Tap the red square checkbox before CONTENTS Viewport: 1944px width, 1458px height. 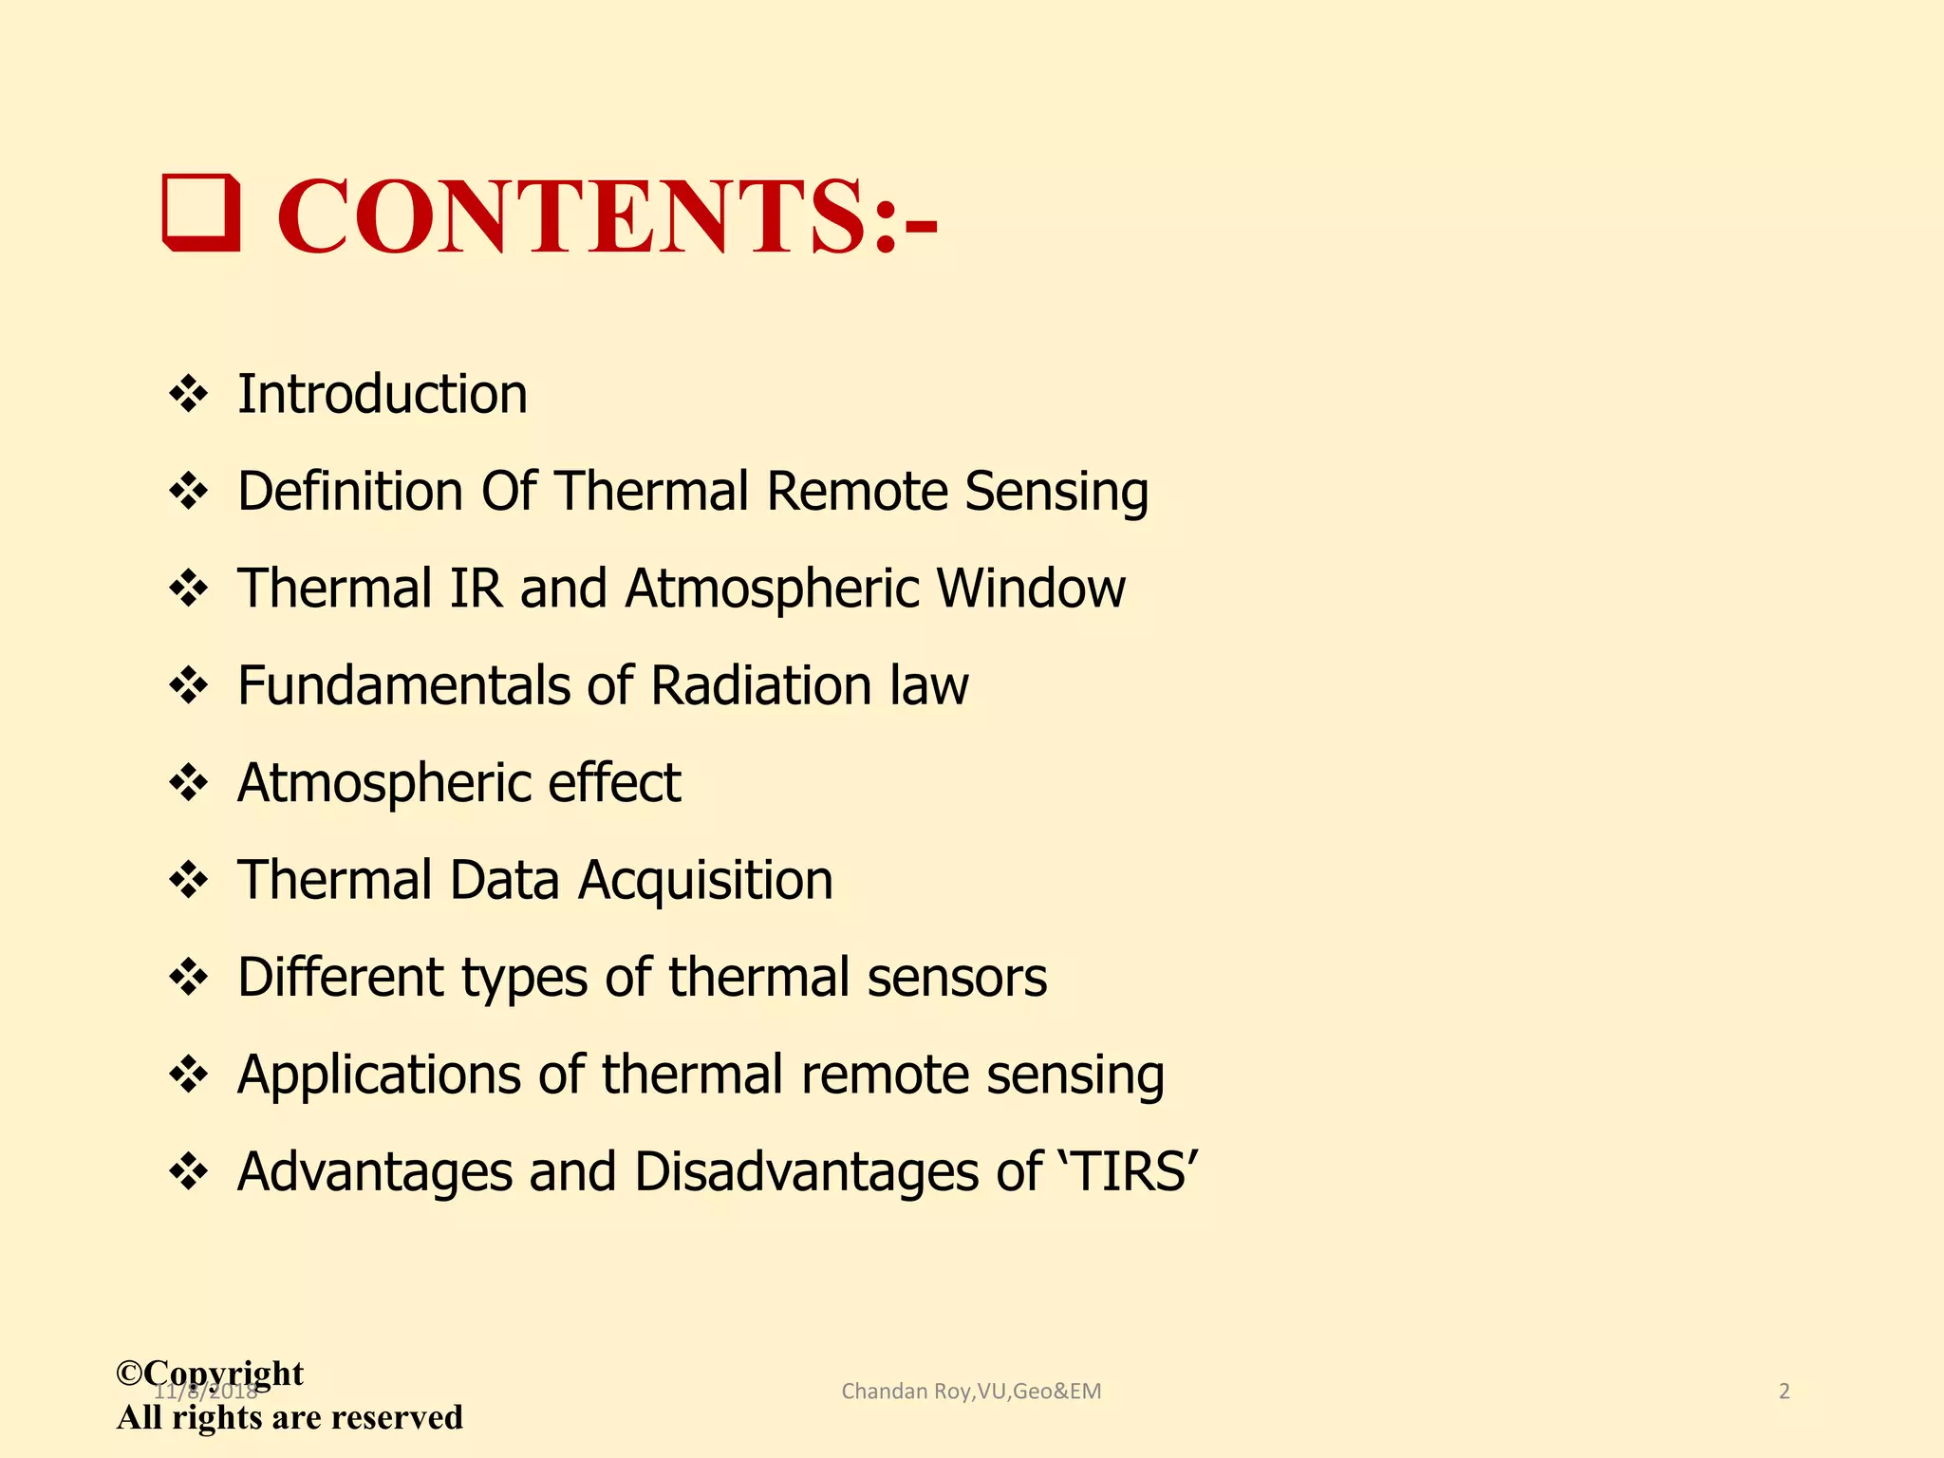[x=201, y=213]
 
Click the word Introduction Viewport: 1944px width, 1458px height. [x=382, y=394]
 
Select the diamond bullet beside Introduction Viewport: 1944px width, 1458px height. [x=188, y=394]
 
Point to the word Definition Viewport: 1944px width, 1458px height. [x=350, y=491]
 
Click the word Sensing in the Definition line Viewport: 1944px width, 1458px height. [x=1056, y=493]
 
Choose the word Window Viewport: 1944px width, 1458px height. [x=1031, y=589]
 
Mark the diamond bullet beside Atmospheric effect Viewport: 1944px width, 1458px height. [x=188, y=783]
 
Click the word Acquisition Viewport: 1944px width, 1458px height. [x=705, y=881]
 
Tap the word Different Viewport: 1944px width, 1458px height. [x=340, y=978]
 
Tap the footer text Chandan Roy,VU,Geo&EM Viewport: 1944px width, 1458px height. [x=971, y=1392]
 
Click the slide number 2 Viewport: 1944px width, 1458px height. [x=1784, y=1392]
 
